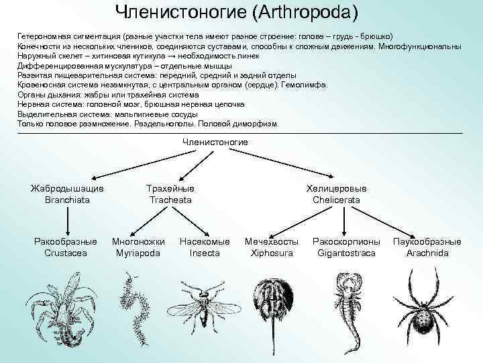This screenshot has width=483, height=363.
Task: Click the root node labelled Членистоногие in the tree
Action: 215,142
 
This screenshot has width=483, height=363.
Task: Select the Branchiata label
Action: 67,200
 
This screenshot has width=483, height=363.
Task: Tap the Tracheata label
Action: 170,200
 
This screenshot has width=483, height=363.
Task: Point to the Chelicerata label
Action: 336,200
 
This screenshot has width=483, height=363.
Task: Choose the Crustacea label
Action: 65,253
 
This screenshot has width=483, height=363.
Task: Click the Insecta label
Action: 205,253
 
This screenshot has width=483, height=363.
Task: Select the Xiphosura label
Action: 271,253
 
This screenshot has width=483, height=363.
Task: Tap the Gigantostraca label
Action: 346,253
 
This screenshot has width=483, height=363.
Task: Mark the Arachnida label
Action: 427,253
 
